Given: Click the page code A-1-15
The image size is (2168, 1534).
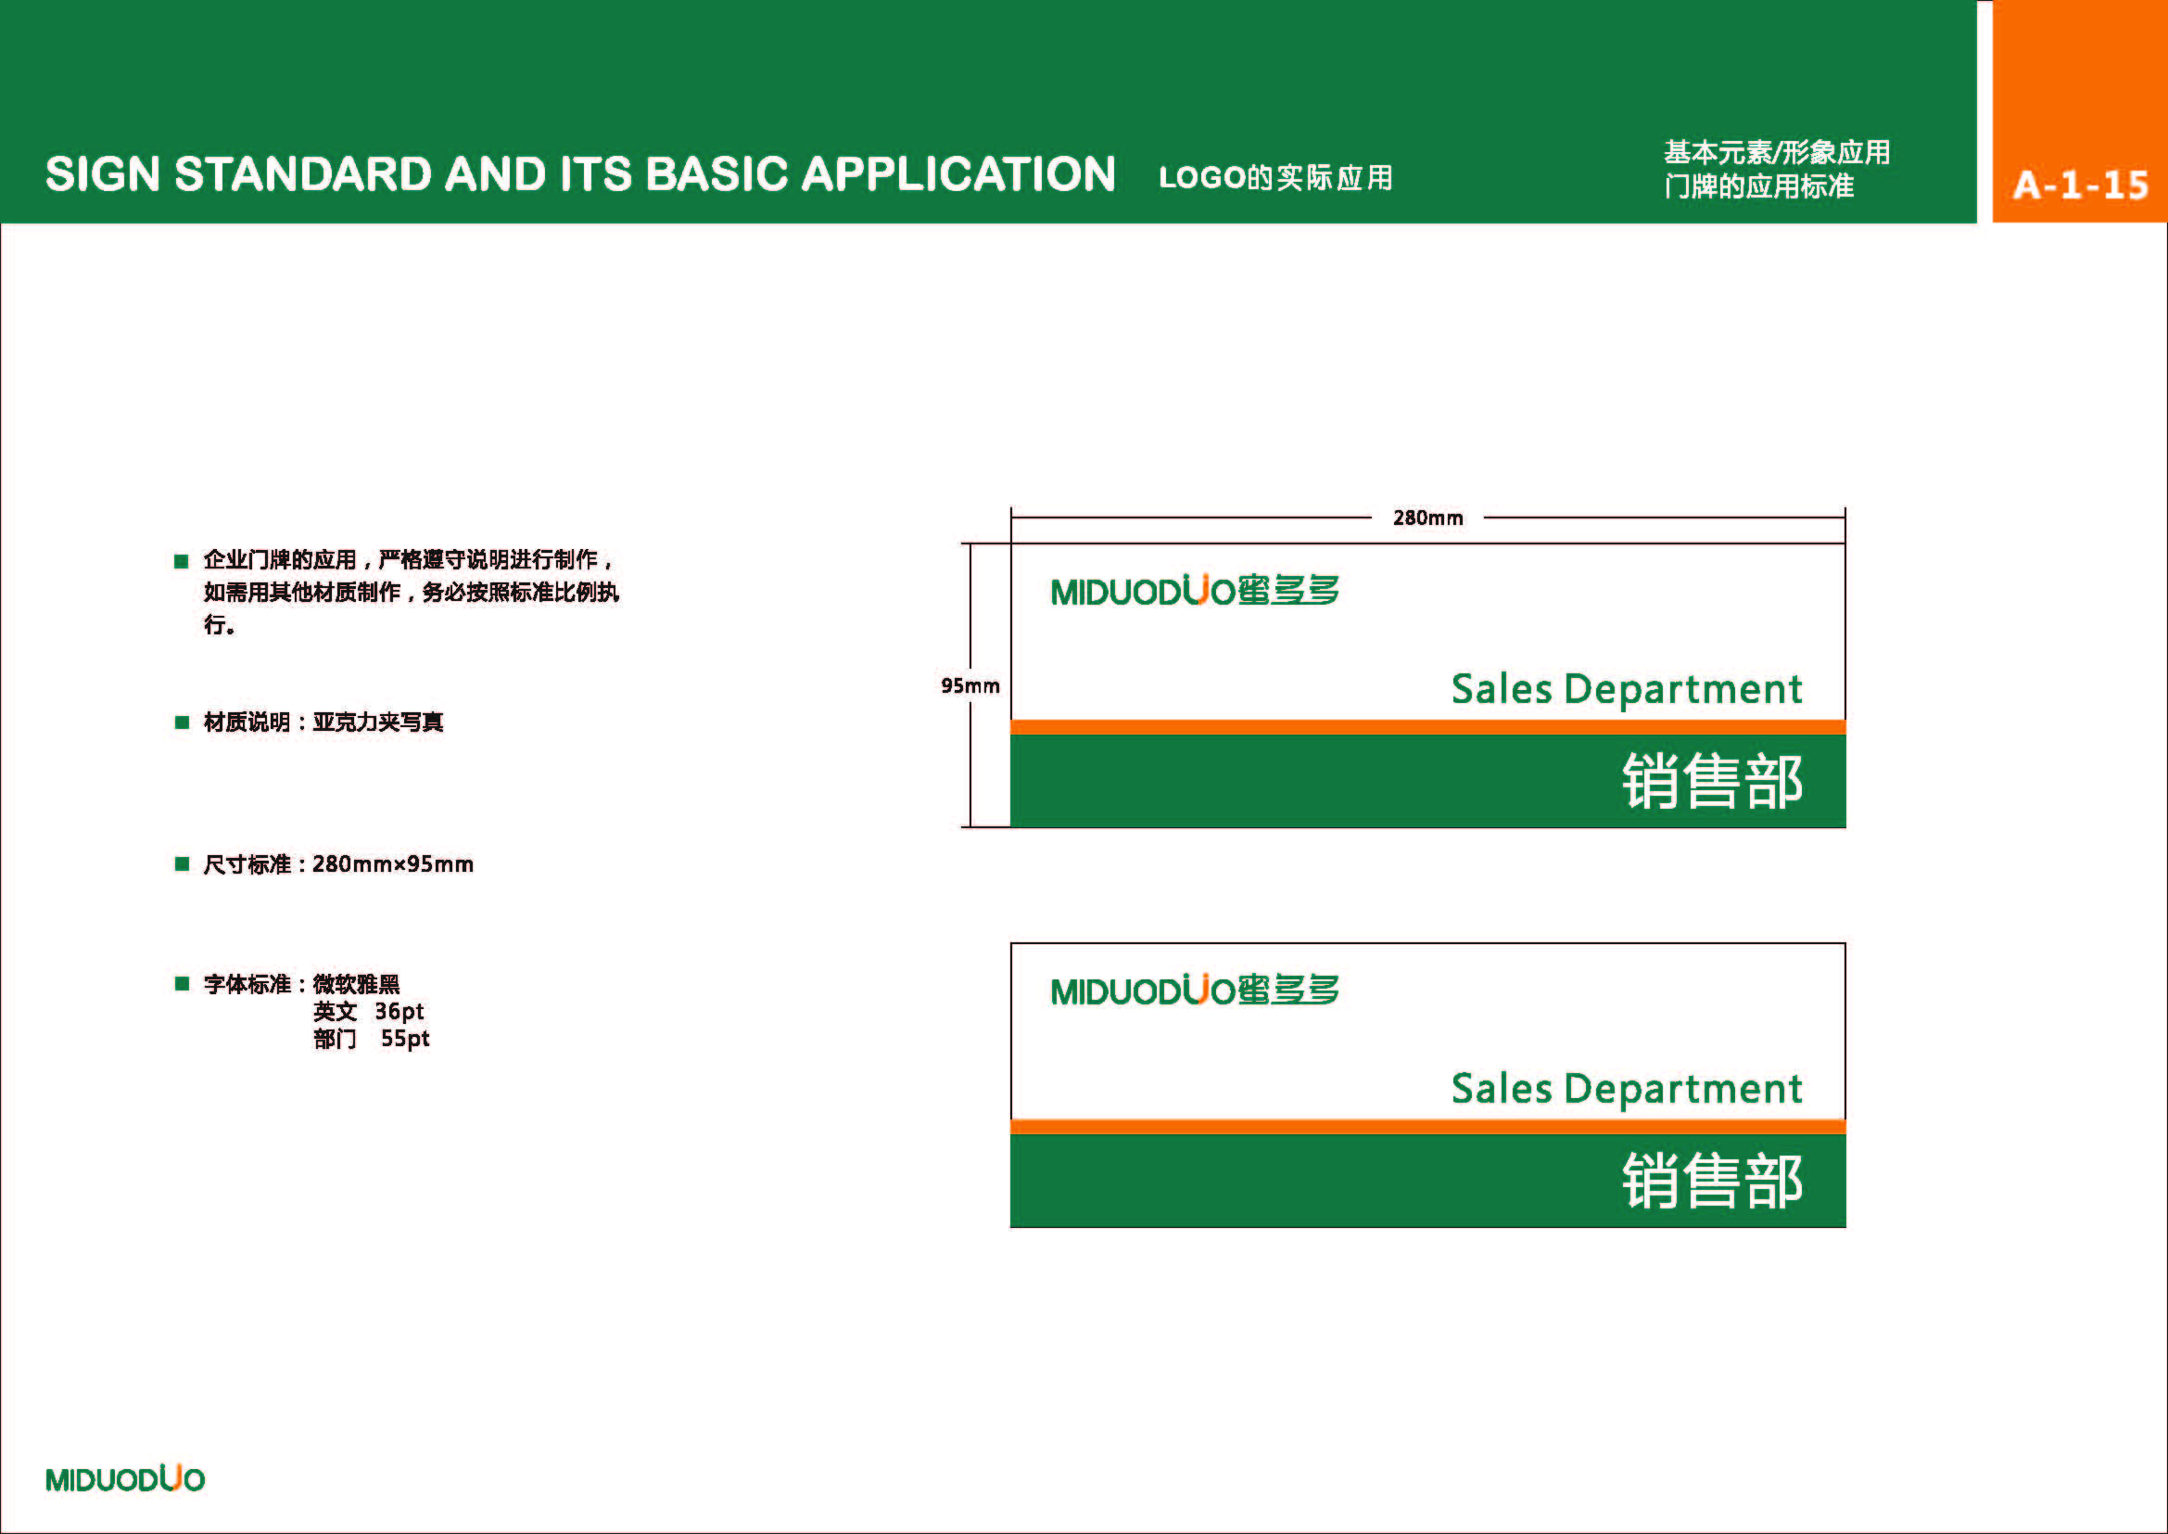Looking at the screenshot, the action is pos(2081,185).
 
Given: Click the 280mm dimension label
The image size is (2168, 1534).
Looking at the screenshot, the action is pos(1427,518).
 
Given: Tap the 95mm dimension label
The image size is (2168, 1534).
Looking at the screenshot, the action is pos(970,685).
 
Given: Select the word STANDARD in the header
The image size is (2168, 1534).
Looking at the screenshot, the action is pos(303,173).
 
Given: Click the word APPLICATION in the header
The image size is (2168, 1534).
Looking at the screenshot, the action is pos(958,173).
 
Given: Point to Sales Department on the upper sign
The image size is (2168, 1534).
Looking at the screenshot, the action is pos(1627,689).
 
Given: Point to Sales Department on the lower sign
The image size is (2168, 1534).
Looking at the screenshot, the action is pos(1627,1089).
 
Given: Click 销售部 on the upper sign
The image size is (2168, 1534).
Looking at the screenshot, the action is pos(1713,781).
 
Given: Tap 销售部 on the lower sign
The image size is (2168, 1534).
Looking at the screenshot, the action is pos(1713,1181).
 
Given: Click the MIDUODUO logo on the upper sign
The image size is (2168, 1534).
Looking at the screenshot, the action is pos(1195,591).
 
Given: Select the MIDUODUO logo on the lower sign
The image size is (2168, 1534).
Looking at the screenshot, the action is pos(1195,990).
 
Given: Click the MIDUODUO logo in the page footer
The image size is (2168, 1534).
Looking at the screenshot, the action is pos(124,1478).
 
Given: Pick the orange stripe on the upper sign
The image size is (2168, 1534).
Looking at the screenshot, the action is pos(1427,727).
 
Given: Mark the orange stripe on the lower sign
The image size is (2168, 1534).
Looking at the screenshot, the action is pos(1427,1127).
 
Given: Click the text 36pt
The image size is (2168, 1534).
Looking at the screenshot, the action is pos(399,1012).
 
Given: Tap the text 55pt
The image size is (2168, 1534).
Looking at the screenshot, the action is pos(405,1039).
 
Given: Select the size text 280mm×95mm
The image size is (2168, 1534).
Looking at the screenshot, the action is pos(393,864).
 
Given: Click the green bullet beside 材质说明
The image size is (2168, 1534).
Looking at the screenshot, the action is pos(183,722).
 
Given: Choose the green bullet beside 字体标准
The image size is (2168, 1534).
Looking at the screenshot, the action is pos(183,984).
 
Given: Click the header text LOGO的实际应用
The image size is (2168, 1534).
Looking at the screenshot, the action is pos(1275,177).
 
